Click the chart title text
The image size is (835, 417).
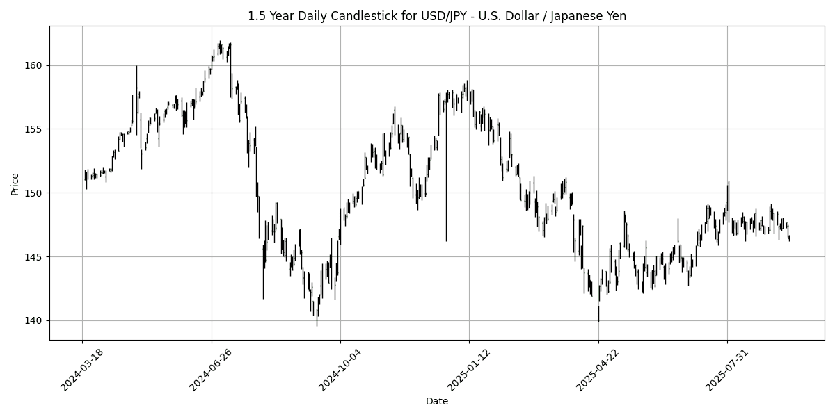tap(437, 16)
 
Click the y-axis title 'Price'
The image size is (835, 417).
tap(15, 183)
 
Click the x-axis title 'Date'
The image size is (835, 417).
tap(437, 401)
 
